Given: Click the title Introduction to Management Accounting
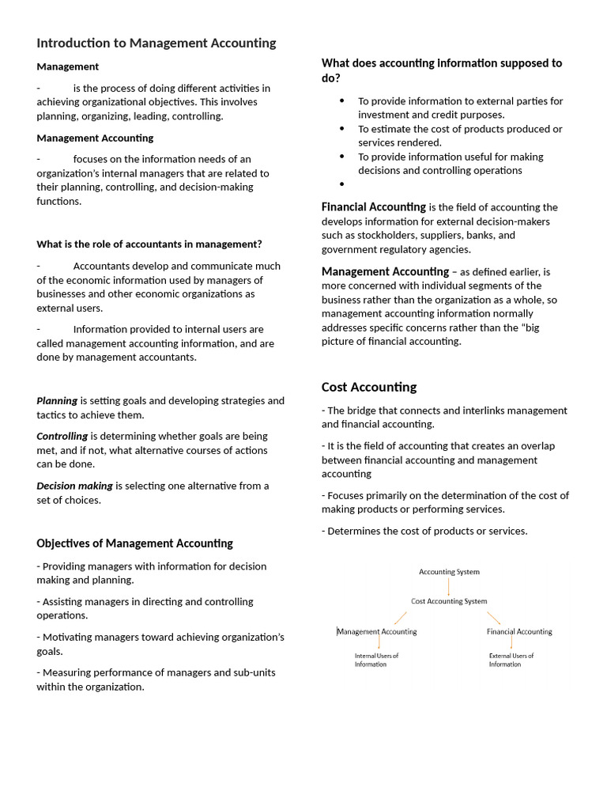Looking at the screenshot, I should point(156,43).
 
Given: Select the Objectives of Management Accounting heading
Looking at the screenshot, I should point(134,543).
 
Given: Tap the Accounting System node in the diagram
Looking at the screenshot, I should point(449,571).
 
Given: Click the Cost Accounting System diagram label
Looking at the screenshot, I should point(449,601).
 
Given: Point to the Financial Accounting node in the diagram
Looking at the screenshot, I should point(519,631).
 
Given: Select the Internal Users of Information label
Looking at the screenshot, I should point(376,660).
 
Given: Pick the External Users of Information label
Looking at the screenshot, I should point(511,660).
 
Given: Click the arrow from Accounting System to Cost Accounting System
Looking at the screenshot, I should point(449,586).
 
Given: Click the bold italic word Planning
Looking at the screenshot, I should point(57,400).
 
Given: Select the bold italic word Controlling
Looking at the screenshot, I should point(62,436).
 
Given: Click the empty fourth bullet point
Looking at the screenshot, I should point(342,184).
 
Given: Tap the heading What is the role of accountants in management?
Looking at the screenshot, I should point(149,244).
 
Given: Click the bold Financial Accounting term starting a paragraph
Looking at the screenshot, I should point(373,207).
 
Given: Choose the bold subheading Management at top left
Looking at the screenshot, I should point(68,66).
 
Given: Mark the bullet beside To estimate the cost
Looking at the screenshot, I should point(342,128).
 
